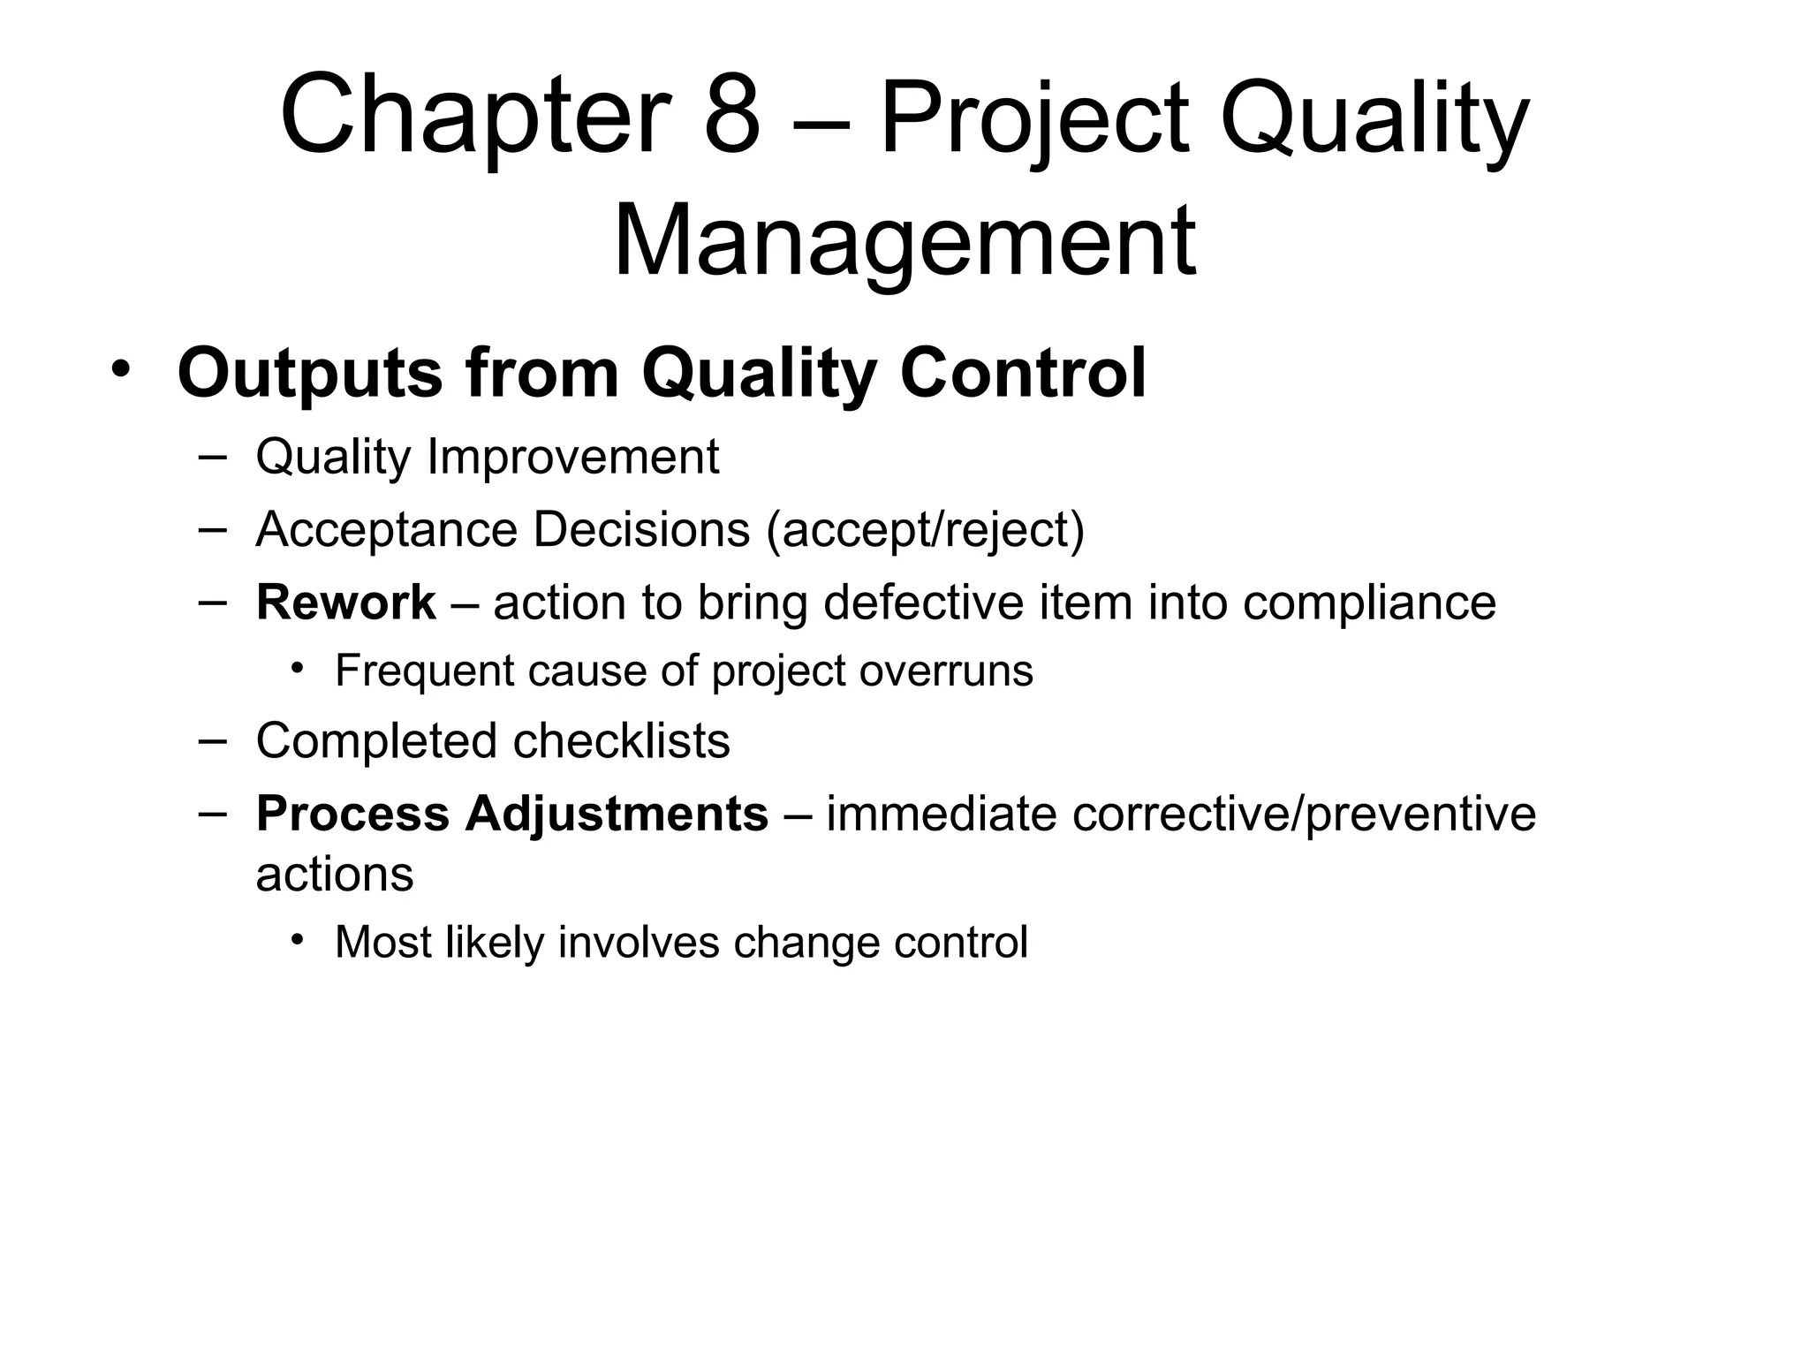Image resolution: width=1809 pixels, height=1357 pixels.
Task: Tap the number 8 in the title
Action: coord(732,116)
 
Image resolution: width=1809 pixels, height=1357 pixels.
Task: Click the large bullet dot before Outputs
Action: coord(120,368)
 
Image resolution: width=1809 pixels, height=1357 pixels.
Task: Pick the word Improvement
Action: coord(572,458)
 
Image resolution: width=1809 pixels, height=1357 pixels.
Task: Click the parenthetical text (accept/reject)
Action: coord(925,530)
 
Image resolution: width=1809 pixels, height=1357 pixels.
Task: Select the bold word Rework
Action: coord(345,603)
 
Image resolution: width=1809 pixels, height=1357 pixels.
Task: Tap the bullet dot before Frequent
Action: coord(299,669)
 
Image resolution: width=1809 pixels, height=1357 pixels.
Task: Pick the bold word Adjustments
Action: coord(617,814)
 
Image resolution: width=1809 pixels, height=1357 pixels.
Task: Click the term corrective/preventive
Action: coord(1304,814)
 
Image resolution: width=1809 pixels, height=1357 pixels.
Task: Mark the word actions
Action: coord(334,875)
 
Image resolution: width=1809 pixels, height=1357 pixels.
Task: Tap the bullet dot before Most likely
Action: coord(299,939)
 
